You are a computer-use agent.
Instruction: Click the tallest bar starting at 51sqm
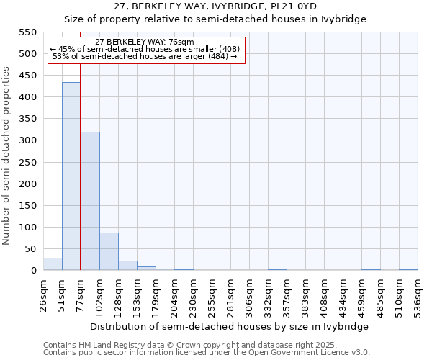coord(71,176)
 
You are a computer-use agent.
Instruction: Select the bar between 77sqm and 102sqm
coord(90,202)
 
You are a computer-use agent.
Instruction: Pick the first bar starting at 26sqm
coord(53,264)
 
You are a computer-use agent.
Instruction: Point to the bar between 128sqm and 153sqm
coord(127,266)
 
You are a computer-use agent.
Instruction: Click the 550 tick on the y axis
coord(28,32)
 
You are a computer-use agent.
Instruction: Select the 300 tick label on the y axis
coord(28,140)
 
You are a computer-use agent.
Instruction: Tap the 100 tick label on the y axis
coord(28,228)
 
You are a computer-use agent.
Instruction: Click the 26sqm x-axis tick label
coord(43,294)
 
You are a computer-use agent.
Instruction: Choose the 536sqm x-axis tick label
coord(418,294)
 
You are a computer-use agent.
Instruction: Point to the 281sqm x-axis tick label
coord(230,294)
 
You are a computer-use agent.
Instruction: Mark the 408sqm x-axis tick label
coord(324,294)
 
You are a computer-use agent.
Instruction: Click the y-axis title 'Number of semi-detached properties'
coord(7,156)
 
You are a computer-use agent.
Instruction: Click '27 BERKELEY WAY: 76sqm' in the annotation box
coord(145,42)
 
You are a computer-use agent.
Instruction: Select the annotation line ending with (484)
coord(145,57)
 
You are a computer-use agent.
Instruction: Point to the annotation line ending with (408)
coord(145,49)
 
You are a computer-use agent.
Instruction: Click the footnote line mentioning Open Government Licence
coord(207,353)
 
